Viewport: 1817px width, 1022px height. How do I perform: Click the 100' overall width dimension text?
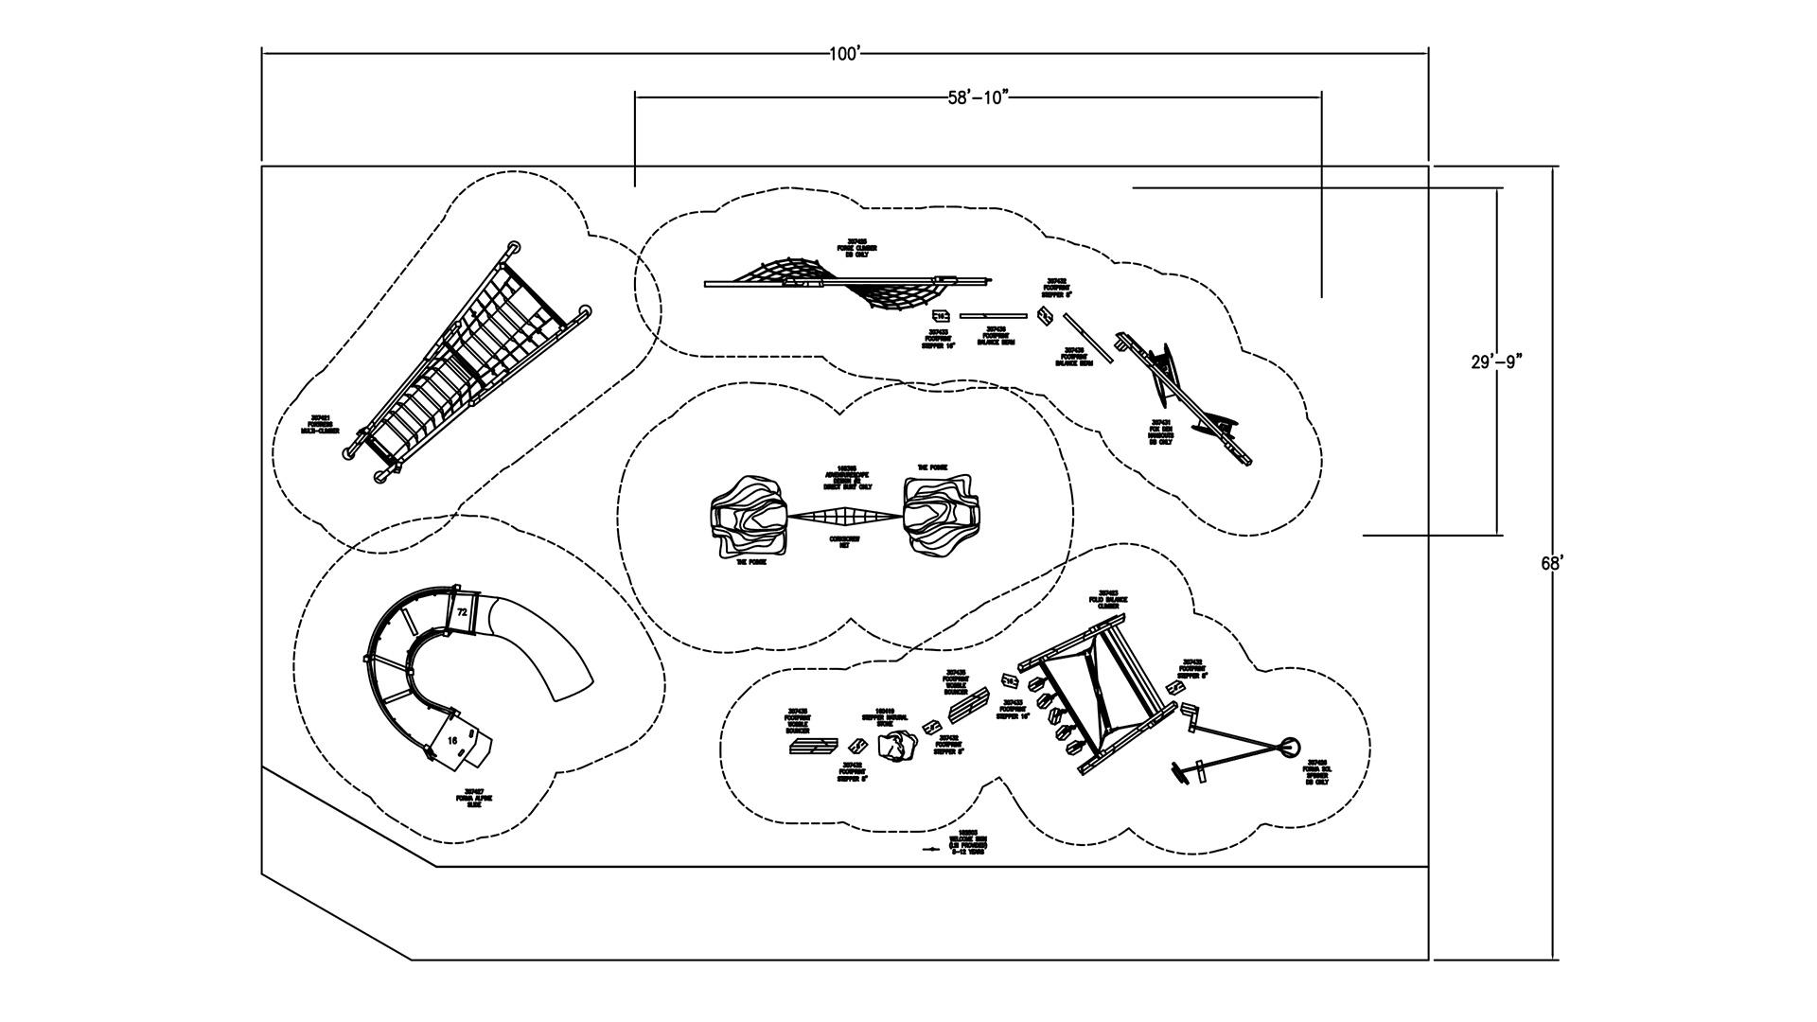click(844, 54)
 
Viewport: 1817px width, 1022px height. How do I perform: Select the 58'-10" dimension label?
click(979, 97)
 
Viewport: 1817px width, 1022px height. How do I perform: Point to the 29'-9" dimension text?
click(1496, 361)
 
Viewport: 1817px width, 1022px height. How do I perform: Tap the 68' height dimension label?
click(1552, 563)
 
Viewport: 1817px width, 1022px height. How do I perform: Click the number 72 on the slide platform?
click(462, 612)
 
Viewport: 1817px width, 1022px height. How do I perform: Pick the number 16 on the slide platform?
click(452, 740)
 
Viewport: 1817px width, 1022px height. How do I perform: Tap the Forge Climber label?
click(856, 248)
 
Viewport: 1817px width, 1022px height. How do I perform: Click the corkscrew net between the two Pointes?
click(844, 517)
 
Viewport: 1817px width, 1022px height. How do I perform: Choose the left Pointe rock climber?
click(749, 517)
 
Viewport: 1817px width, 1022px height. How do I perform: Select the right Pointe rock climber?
click(940, 516)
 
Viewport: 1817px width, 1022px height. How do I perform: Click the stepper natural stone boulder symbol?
click(894, 748)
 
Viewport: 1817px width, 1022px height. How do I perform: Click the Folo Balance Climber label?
click(1109, 599)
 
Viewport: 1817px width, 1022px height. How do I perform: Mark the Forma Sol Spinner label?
click(1317, 771)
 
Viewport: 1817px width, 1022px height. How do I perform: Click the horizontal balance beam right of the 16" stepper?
click(993, 316)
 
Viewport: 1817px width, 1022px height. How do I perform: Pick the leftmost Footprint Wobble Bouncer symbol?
click(813, 747)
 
